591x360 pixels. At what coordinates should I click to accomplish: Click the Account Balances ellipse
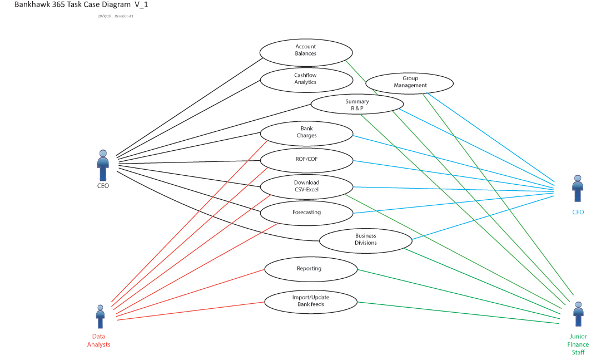pos(306,51)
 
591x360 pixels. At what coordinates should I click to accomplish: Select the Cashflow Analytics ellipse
pos(306,79)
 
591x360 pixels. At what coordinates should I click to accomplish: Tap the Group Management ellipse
pos(410,82)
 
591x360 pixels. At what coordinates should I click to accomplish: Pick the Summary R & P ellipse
pos(357,105)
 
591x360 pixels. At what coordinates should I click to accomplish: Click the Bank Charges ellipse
pos(306,132)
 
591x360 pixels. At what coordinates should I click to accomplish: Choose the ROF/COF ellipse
pos(306,159)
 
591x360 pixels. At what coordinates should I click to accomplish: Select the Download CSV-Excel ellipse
pos(306,186)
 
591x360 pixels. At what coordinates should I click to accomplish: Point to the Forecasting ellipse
pos(306,213)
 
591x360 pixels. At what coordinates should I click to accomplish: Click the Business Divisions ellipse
pos(365,240)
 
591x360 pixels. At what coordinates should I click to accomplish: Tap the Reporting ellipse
pos(310,269)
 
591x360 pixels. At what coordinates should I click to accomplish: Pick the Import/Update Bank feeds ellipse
pos(310,301)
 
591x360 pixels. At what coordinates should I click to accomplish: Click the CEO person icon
pos(103,165)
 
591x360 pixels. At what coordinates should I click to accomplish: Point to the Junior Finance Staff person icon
pos(578,314)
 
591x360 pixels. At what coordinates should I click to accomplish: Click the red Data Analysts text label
pos(98,341)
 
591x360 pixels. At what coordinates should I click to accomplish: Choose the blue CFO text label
pos(578,212)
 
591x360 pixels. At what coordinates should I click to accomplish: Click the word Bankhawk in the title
pos(31,4)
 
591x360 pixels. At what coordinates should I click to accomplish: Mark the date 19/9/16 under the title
pos(103,16)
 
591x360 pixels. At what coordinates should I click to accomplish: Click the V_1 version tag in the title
pos(140,4)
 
